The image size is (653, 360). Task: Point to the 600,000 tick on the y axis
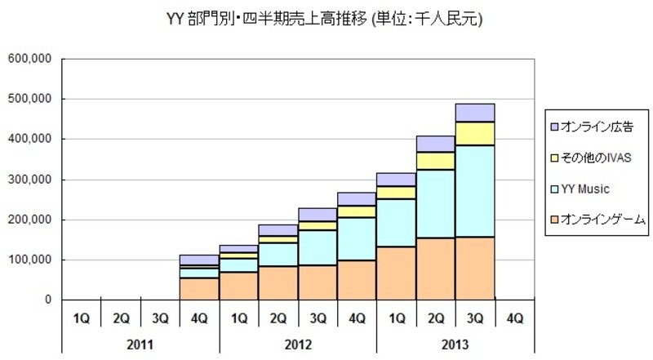tap(30, 59)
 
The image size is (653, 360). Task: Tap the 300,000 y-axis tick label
tap(30, 180)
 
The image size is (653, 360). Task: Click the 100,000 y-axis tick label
tap(30, 260)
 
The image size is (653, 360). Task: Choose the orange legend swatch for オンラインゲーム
tap(555, 219)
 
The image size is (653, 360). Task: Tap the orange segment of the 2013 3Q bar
tap(474, 269)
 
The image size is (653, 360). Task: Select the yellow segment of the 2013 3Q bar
tap(474, 133)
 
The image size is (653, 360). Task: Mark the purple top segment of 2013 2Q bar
tap(435, 144)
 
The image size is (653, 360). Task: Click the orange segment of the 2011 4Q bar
tap(200, 289)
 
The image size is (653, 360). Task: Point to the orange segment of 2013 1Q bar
tap(396, 273)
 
